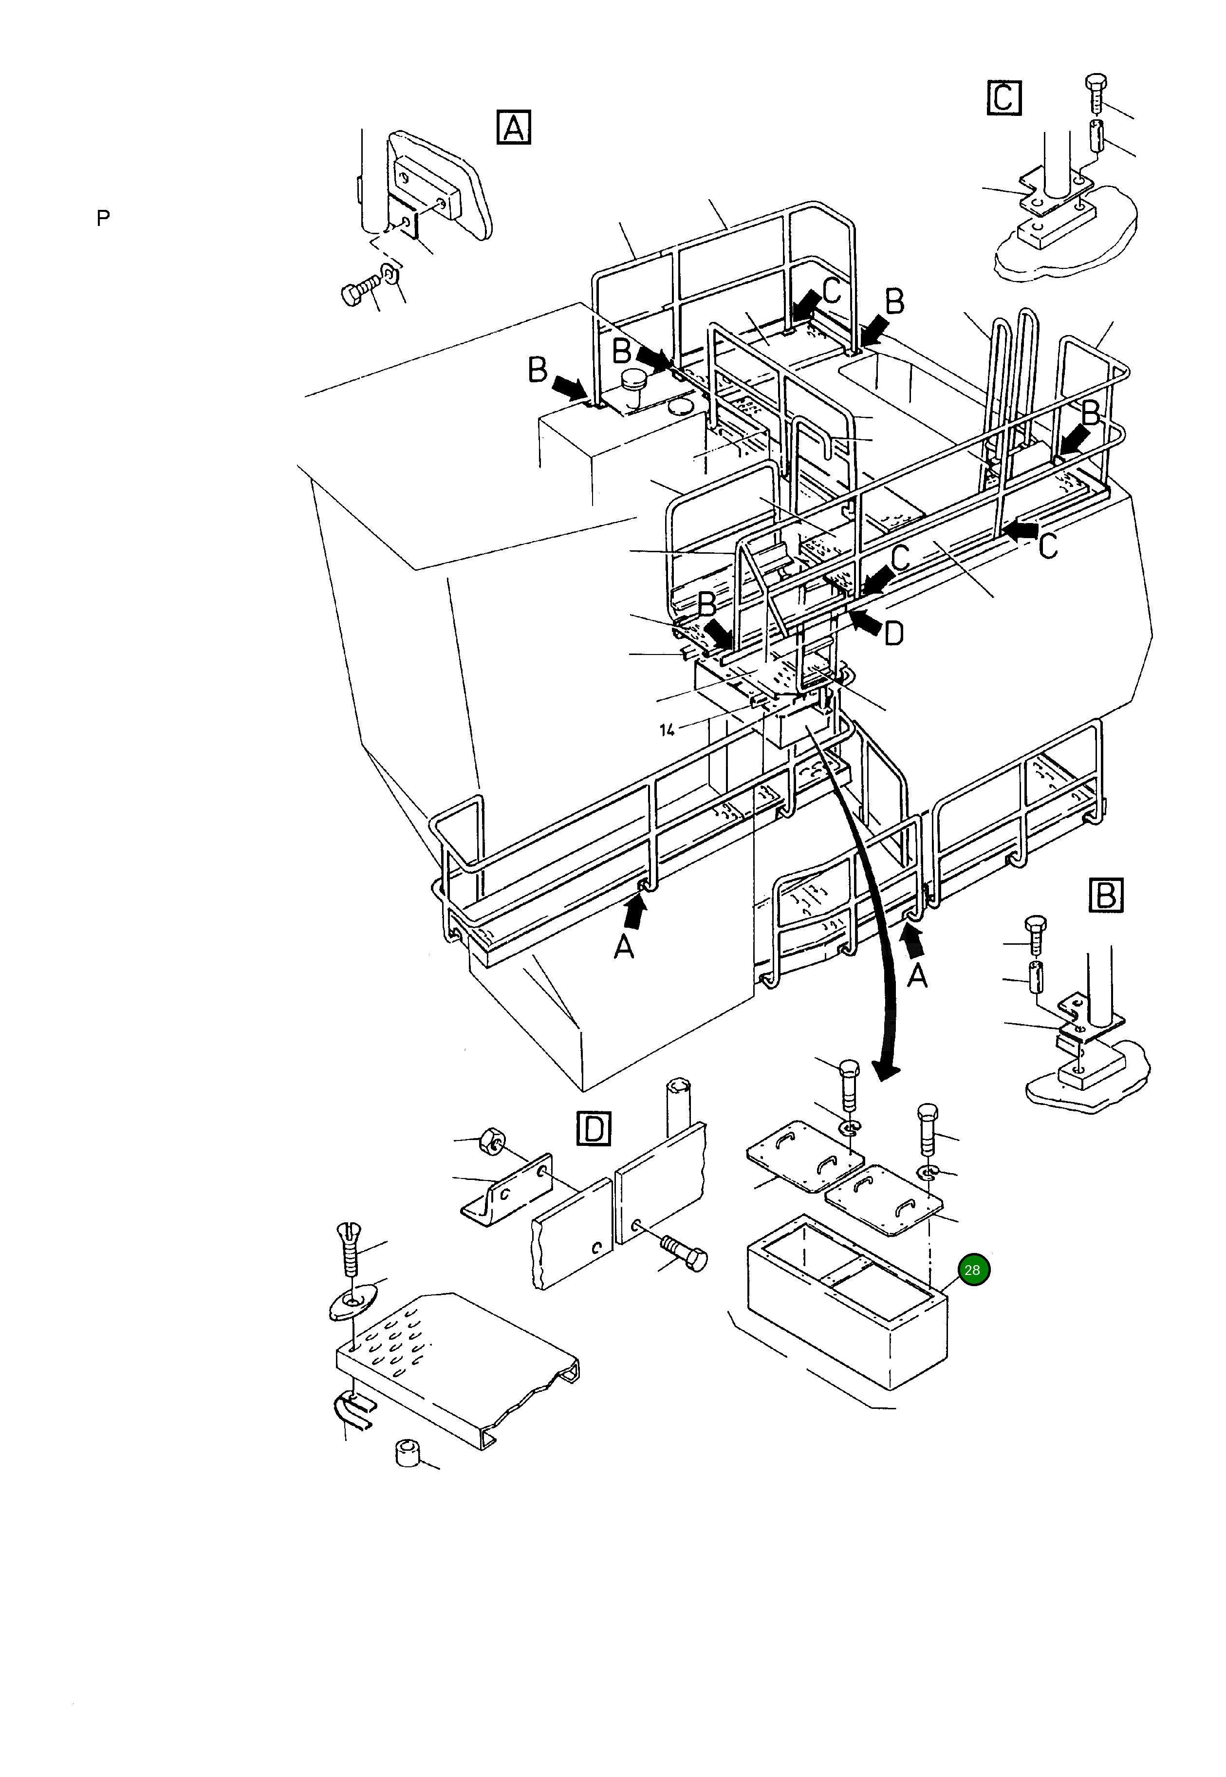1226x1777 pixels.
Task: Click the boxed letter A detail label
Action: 514,128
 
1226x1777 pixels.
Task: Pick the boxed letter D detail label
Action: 593,1129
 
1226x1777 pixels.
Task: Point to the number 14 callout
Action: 667,730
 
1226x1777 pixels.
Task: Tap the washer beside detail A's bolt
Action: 390,274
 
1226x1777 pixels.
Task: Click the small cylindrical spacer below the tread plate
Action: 408,1453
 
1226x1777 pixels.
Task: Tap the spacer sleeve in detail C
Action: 1096,134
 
